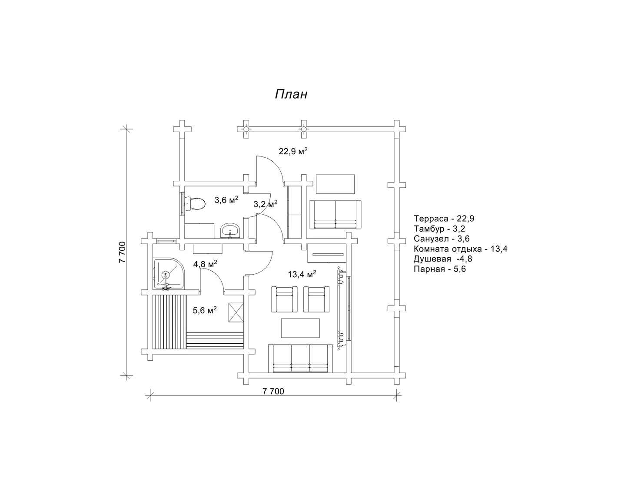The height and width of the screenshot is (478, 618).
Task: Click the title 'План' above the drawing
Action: tap(291, 94)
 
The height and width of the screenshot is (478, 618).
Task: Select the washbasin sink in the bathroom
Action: tap(230, 230)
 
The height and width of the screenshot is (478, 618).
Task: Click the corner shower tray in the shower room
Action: tap(169, 274)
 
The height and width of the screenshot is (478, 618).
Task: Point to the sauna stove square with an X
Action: tap(236, 312)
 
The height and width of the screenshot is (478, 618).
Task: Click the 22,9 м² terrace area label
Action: tap(293, 151)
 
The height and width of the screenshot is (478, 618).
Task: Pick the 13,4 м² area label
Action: tap(302, 274)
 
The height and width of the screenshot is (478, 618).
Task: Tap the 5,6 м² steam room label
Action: tap(205, 310)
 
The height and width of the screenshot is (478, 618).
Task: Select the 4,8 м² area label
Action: tap(205, 264)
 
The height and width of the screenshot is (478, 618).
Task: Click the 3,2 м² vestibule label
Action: tap(266, 204)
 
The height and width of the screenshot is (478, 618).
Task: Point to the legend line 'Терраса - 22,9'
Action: tap(444, 219)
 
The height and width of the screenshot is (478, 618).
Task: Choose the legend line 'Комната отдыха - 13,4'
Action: tap(460, 249)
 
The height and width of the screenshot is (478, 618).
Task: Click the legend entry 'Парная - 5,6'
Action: tap(440, 269)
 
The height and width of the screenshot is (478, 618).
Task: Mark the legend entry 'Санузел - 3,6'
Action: tap(442, 239)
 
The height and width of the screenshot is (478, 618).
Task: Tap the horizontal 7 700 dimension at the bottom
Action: tap(273, 391)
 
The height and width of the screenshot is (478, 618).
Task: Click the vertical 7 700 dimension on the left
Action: tap(122, 252)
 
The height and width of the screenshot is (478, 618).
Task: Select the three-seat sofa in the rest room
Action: tap(300, 358)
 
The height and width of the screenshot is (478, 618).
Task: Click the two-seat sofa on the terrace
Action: tap(336, 214)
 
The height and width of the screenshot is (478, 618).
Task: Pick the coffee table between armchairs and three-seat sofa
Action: tap(300, 328)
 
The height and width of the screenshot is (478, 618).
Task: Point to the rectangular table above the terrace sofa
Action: tap(336, 184)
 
